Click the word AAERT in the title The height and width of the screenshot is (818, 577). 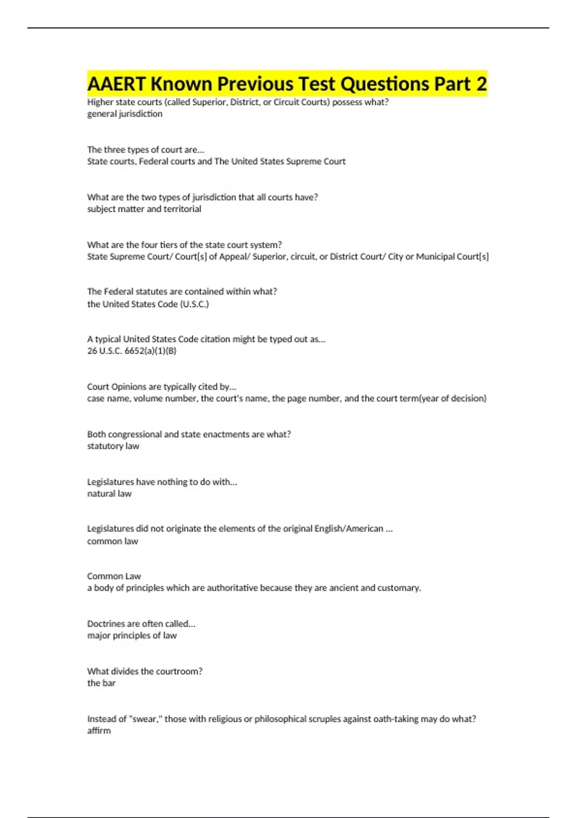click(x=116, y=84)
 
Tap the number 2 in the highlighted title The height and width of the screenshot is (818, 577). click(x=481, y=84)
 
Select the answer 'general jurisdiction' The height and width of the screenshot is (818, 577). click(x=125, y=114)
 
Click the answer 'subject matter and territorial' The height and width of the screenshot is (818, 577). click(x=144, y=209)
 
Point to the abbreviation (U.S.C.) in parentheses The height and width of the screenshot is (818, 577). click(x=194, y=304)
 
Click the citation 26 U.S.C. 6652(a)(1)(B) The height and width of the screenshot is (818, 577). click(x=131, y=351)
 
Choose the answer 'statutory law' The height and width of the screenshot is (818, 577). click(x=113, y=446)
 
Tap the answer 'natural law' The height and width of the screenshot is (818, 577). click(x=109, y=494)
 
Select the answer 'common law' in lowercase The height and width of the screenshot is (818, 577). click(x=113, y=541)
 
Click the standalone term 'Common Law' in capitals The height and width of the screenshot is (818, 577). click(x=114, y=576)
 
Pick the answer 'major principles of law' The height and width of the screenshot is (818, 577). click(x=132, y=636)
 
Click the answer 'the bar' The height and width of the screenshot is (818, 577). click(x=101, y=683)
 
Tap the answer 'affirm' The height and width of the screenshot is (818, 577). click(x=99, y=731)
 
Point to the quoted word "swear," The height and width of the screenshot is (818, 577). click(x=146, y=719)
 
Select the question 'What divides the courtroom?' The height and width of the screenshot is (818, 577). click(x=145, y=671)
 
